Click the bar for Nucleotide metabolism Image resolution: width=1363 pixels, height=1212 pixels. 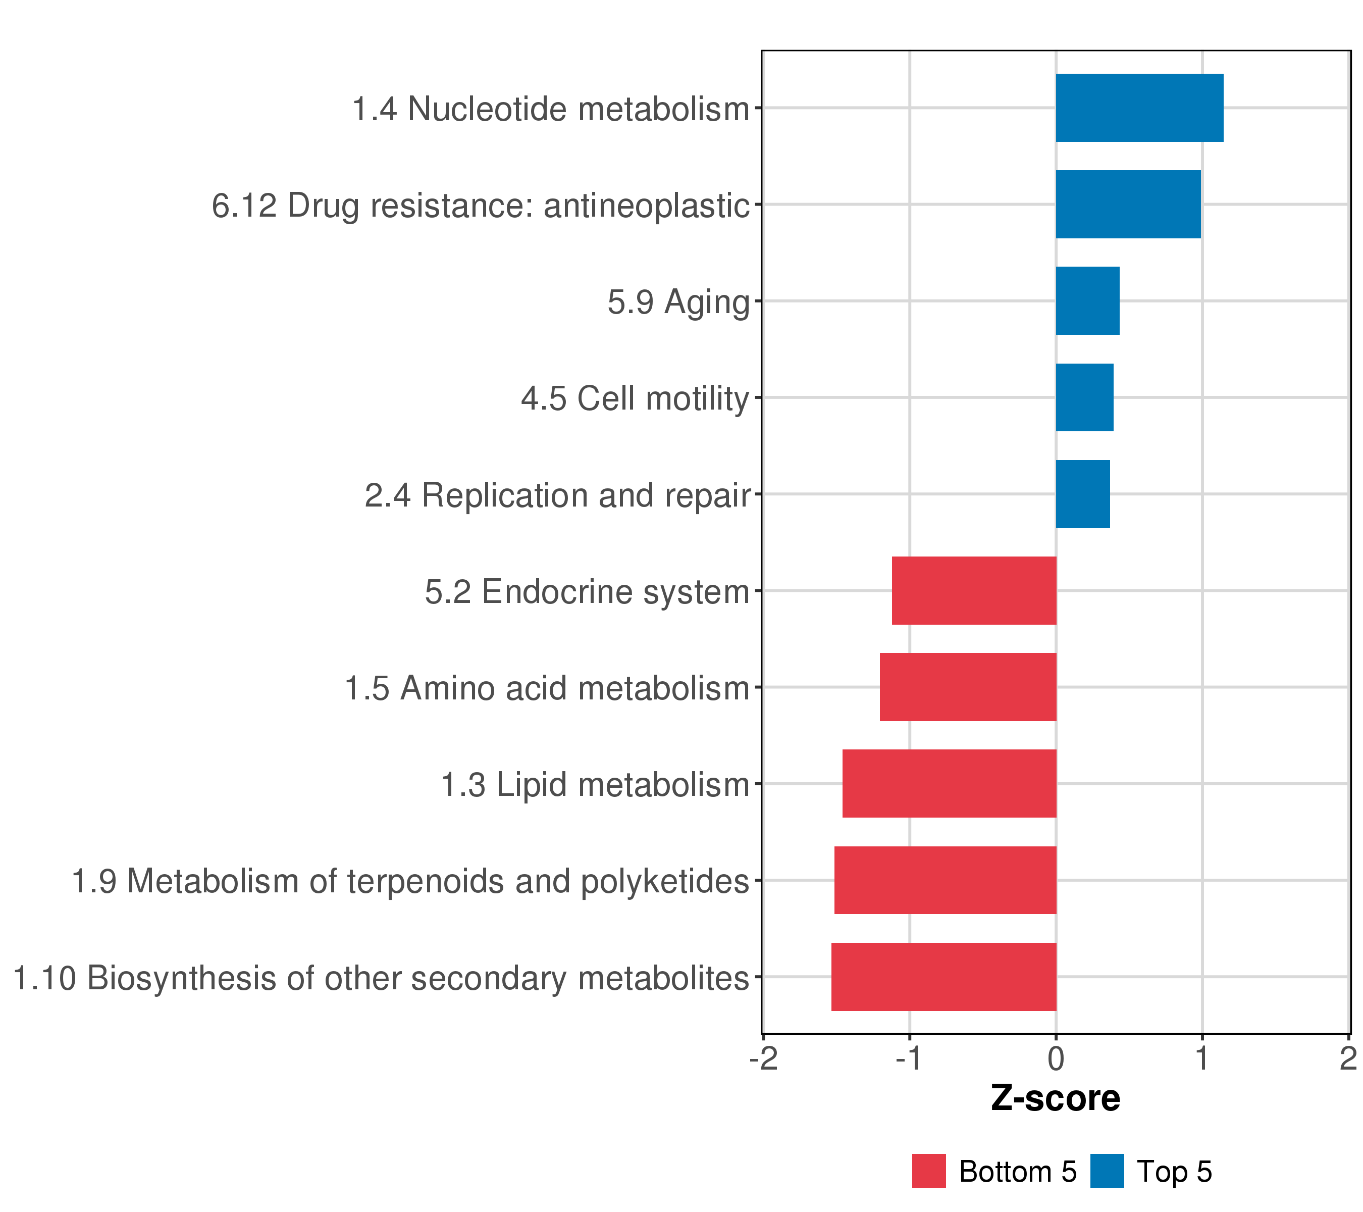1139,108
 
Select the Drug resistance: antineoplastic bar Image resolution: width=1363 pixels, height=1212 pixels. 1128,204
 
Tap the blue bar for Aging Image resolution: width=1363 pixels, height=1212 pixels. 1087,301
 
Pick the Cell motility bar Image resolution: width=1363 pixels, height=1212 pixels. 1084,397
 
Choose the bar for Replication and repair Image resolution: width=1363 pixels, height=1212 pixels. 1082,494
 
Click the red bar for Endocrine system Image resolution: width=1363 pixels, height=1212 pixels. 974,590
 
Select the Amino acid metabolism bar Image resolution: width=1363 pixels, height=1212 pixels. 968,687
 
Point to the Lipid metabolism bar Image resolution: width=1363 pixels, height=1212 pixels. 949,784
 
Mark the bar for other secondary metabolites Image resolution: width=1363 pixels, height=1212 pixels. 943,977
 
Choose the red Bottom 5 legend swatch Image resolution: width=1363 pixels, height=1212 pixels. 929,1171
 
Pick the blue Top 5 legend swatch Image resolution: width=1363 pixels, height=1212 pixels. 1107,1171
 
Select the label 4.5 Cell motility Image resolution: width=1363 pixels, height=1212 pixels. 635,399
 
